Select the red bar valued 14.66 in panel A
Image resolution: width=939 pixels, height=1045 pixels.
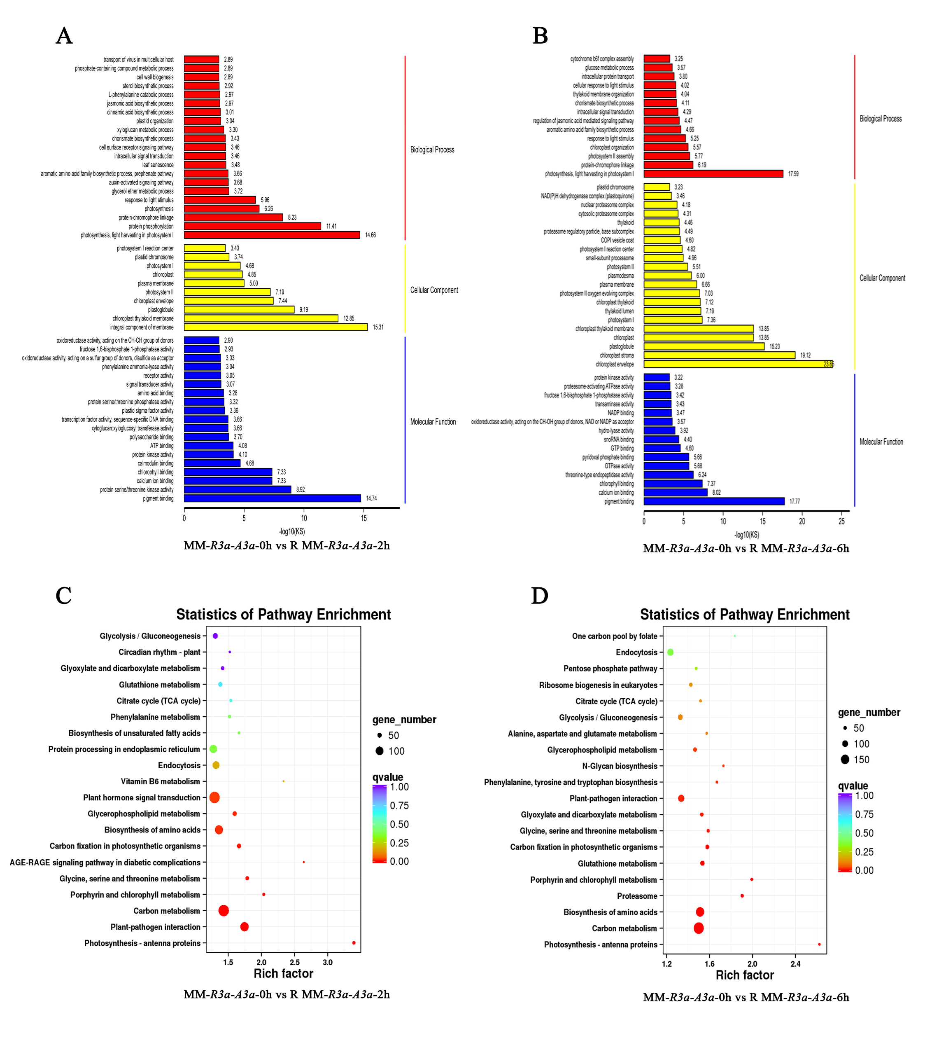(271, 235)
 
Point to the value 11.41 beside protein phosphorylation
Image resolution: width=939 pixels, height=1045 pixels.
(331, 226)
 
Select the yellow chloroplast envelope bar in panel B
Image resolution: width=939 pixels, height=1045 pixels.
(738, 364)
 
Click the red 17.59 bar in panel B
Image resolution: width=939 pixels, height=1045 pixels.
(713, 173)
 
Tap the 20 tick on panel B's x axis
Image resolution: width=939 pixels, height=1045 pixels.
(802, 521)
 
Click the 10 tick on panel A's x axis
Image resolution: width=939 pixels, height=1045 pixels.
(304, 518)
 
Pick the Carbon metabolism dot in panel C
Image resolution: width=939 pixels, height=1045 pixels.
(224, 910)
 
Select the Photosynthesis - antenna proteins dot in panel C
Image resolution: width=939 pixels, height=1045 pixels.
(354, 943)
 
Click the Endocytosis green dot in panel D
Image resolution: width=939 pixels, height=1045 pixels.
(670, 652)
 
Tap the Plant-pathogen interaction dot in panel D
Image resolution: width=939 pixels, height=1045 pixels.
(681, 798)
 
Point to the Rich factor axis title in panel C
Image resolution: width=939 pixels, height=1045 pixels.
(283, 973)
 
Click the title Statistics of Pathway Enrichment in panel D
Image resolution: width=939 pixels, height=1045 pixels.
(745, 615)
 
